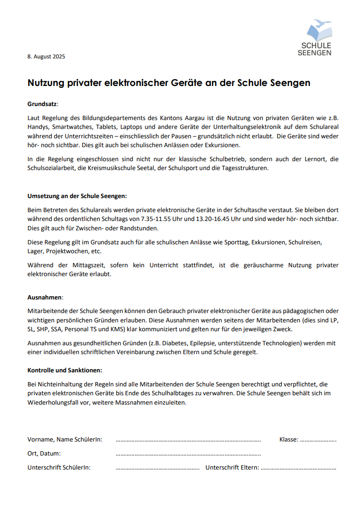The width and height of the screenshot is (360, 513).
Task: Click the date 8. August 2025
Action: click(46, 57)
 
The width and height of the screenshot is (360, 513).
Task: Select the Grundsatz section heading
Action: click(42, 104)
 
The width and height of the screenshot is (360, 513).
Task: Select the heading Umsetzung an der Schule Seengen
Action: click(77, 196)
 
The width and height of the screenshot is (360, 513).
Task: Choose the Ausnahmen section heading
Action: click(45, 297)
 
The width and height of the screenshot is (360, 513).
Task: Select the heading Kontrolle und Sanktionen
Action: click(65, 370)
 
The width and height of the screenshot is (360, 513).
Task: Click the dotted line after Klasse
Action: click(318, 440)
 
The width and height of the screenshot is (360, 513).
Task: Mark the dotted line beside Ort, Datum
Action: click(188, 454)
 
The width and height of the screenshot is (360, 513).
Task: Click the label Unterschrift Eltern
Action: click(232, 467)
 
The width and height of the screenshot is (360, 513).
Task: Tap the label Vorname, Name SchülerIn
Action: click(65, 439)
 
